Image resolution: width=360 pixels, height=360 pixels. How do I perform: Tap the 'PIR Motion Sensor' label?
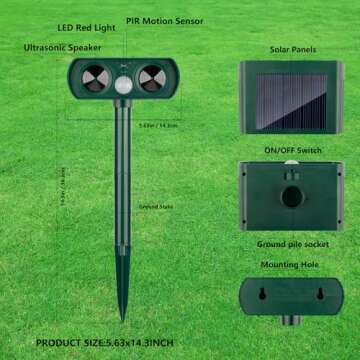point(165,20)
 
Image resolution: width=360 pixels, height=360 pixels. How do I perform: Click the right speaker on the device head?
point(153,77)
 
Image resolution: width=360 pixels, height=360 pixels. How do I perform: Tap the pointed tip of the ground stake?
point(122,318)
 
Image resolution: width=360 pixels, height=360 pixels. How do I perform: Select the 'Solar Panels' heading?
point(293,48)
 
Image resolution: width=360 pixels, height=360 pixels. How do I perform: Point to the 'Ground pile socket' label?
point(293,243)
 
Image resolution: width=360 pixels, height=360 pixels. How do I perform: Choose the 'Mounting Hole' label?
point(293,264)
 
